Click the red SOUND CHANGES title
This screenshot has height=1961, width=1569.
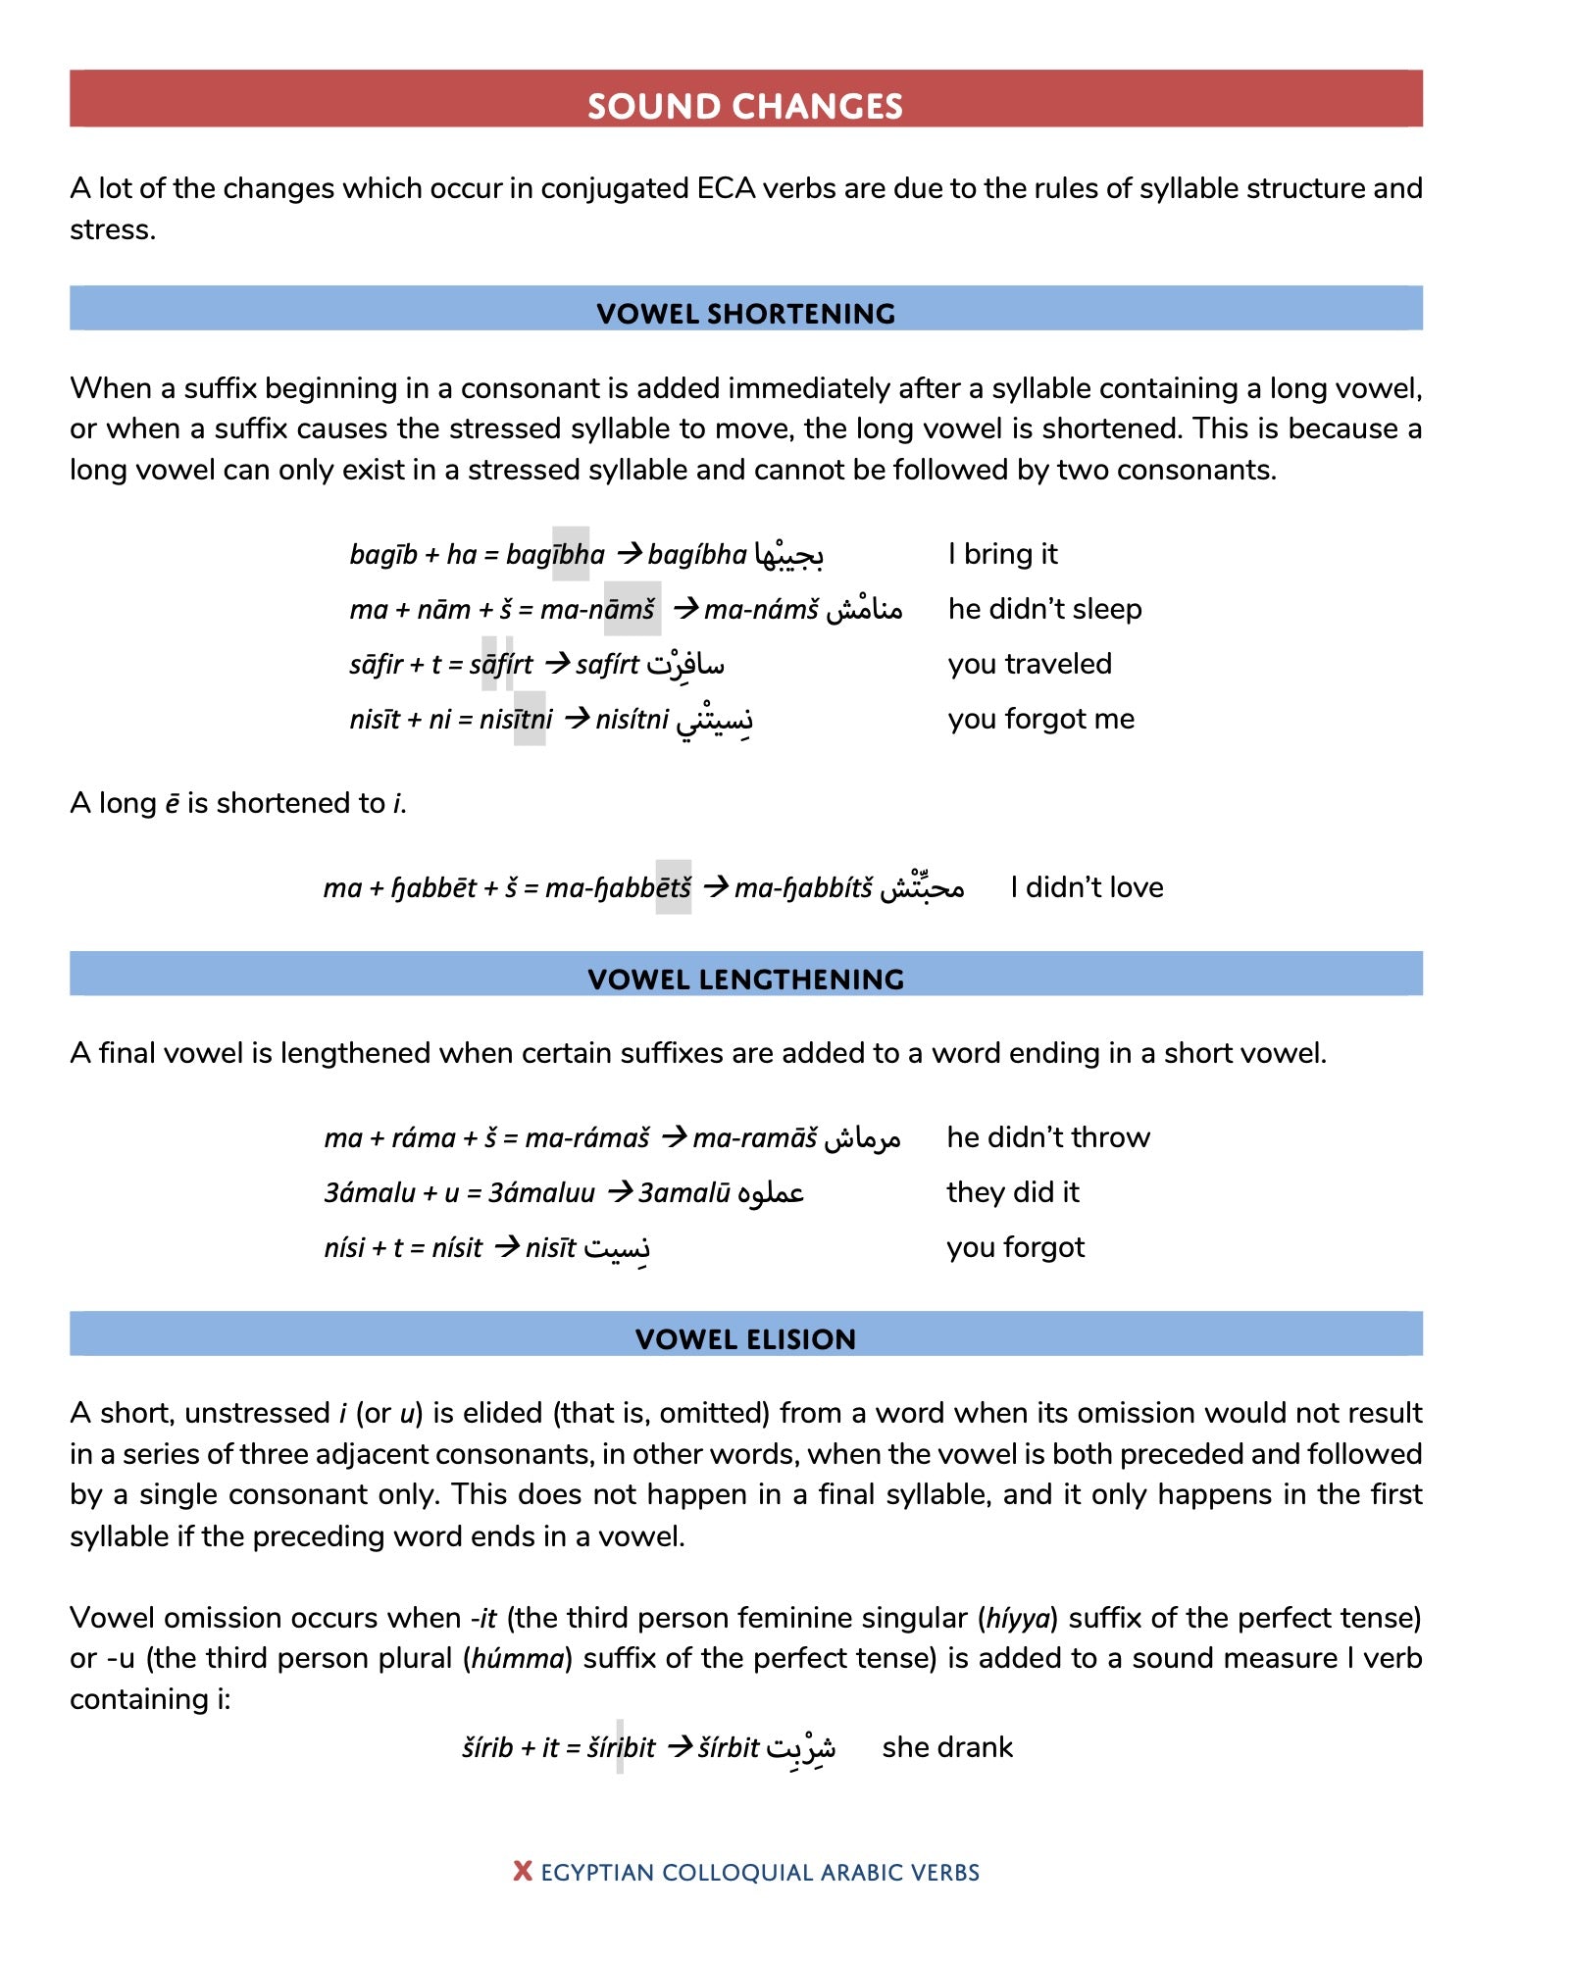click(745, 106)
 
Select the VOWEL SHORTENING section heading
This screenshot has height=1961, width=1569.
click(745, 314)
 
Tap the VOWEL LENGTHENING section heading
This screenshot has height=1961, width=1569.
click(745, 980)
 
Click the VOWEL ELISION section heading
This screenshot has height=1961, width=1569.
click(745, 1339)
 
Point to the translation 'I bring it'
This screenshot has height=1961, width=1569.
click(1002, 555)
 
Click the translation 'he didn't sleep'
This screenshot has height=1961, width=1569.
click(1044, 610)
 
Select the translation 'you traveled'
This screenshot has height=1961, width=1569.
click(1029, 665)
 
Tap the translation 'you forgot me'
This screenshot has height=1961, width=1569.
click(1040, 720)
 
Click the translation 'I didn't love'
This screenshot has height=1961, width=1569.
click(1087, 888)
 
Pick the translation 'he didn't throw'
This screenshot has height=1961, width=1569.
click(1047, 1138)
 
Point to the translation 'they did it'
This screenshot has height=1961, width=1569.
click(1012, 1193)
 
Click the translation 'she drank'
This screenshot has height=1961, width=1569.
click(946, 1747)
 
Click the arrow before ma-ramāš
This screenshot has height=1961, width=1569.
click(674, 1137)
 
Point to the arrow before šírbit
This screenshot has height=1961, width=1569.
click(680, 1747)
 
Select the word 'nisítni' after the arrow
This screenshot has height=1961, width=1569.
click(632, 720)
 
